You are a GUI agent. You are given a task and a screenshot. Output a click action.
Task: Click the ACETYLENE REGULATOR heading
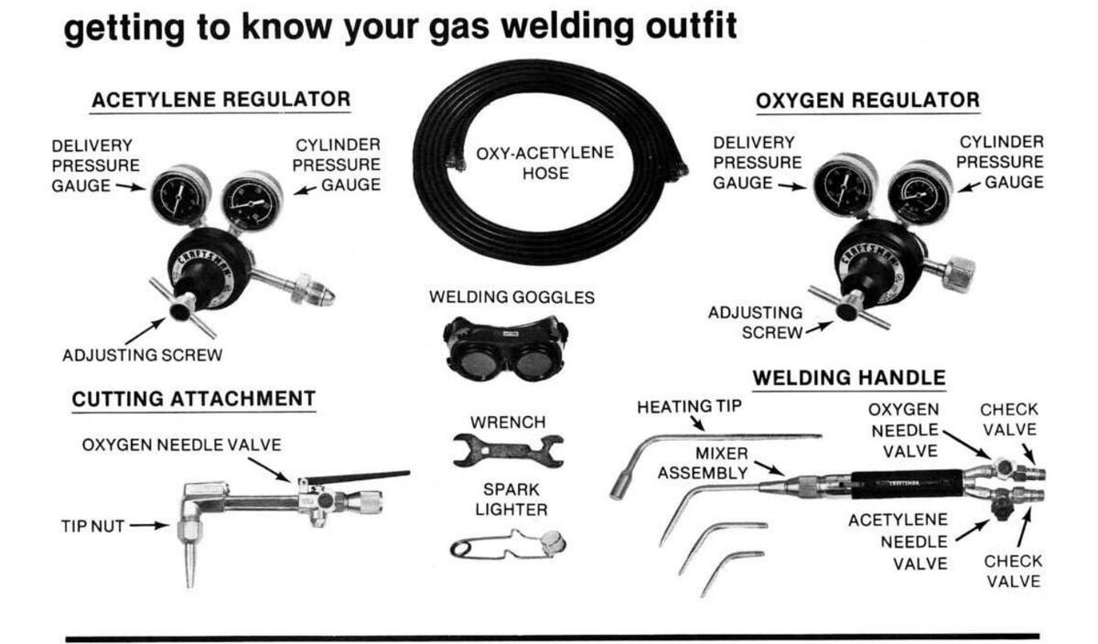pyautogui.click(x=220, y=99)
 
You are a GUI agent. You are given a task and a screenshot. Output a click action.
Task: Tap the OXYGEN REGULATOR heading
pyautogui.click(x=867, y=100)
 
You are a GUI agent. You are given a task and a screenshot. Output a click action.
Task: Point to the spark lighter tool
pyautogui.click(x=509, y=545)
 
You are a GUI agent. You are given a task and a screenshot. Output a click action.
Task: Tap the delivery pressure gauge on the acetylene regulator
pyautogui.click(x=179, y=193)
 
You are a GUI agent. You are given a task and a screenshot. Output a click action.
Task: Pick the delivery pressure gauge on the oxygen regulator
pyautogui.click(x=845, y=186)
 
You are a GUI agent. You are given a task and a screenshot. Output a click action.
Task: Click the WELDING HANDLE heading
pyautogui.click(x=848, y=378)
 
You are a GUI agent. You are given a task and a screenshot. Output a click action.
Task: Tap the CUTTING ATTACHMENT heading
pyautogui.click(x=193, y=399)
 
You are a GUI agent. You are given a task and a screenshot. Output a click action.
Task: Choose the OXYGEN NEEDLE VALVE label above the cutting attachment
pyautogui.click(x=181, y=445)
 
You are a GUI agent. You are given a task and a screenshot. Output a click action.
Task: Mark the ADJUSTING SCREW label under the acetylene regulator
pyautogui.click(x=142, y=354)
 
